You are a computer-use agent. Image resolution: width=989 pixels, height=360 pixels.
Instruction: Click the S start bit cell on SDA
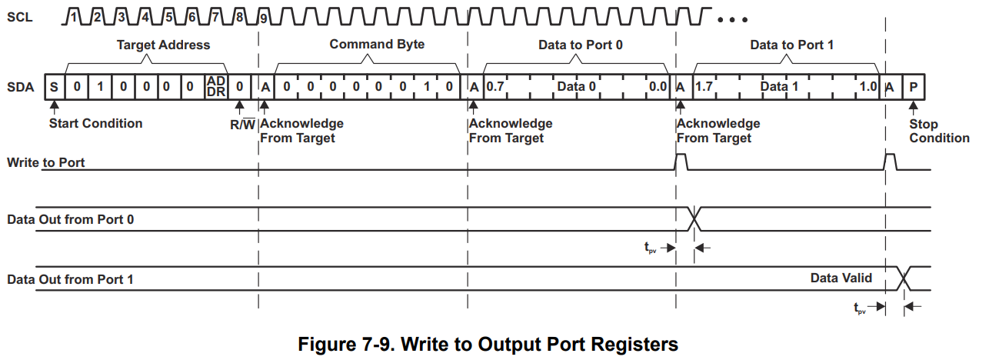54,87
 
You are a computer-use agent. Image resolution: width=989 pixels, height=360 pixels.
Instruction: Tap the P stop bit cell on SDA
913,87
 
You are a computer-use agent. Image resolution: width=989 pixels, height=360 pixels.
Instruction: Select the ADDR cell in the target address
215,87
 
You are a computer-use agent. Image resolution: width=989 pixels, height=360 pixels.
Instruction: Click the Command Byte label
377,45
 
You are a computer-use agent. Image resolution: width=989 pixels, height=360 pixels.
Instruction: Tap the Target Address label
163,45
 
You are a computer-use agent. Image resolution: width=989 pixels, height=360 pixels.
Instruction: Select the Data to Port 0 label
580,45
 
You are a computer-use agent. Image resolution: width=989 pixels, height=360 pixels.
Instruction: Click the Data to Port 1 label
791,45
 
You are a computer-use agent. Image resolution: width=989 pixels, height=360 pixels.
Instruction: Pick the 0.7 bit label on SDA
494,87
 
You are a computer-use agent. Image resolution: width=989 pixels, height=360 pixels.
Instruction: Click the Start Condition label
95,123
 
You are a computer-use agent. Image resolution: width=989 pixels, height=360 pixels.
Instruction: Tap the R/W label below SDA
242,124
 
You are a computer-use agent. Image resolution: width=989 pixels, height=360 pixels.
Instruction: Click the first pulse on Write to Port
680,162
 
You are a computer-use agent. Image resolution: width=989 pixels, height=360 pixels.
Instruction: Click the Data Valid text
841,278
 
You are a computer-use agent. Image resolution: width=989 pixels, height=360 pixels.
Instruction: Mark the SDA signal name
20,87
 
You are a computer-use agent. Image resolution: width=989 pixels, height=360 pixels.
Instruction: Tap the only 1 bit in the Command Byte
426,87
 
